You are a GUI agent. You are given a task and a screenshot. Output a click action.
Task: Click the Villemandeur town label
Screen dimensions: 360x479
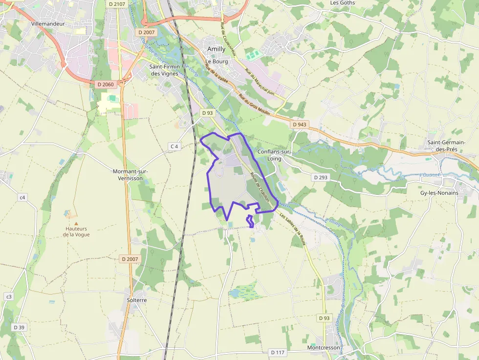click(48, 23)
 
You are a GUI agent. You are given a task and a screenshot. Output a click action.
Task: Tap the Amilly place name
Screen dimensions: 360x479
click(217, 49)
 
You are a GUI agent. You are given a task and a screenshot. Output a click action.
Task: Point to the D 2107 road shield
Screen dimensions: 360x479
click(117, 4)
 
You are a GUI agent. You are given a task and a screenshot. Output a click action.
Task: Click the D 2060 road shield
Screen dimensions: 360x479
click(105, 85)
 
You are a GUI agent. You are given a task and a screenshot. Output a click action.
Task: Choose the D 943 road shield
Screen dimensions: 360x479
click(299, 125)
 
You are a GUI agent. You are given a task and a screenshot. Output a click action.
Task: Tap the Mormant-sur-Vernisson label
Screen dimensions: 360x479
click(131, 175)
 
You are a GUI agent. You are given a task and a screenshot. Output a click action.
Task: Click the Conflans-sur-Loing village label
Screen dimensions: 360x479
click(274, 155)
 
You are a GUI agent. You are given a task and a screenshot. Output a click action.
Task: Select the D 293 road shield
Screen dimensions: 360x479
click(321, 177)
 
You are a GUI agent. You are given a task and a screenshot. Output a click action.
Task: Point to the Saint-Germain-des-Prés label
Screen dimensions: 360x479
click(446, 146)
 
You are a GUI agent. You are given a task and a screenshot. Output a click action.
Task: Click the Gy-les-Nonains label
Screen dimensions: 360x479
click(439, 193)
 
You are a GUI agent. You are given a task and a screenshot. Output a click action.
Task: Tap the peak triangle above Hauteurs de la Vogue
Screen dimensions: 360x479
click(76, 223)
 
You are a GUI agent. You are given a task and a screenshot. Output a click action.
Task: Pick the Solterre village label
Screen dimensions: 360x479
click(137, 300)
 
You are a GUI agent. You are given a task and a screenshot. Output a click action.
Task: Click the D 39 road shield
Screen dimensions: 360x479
click(19, 327)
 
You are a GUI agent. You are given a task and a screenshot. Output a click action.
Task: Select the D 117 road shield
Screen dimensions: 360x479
click(277, 352)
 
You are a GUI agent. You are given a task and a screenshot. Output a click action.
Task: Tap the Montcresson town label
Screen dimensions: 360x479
click(324, 348)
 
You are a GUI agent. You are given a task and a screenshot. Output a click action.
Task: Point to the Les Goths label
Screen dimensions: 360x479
click(343, 3)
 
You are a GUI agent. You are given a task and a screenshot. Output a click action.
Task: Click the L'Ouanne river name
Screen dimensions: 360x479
click(430, 175)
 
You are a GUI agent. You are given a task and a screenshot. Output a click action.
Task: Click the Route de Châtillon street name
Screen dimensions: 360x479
click(260, 184)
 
